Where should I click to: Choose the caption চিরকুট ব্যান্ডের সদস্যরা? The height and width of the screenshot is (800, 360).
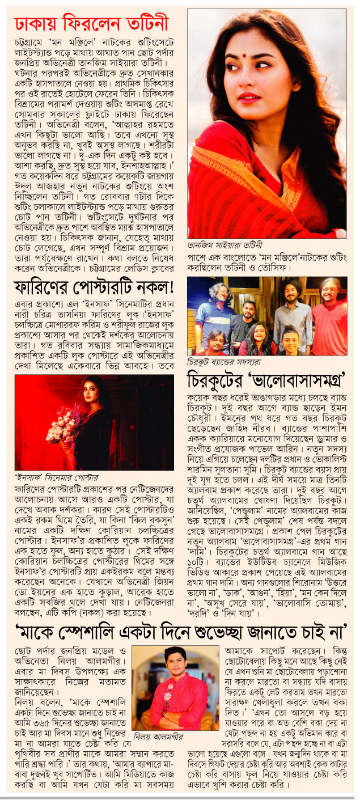(x=225, y=360)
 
